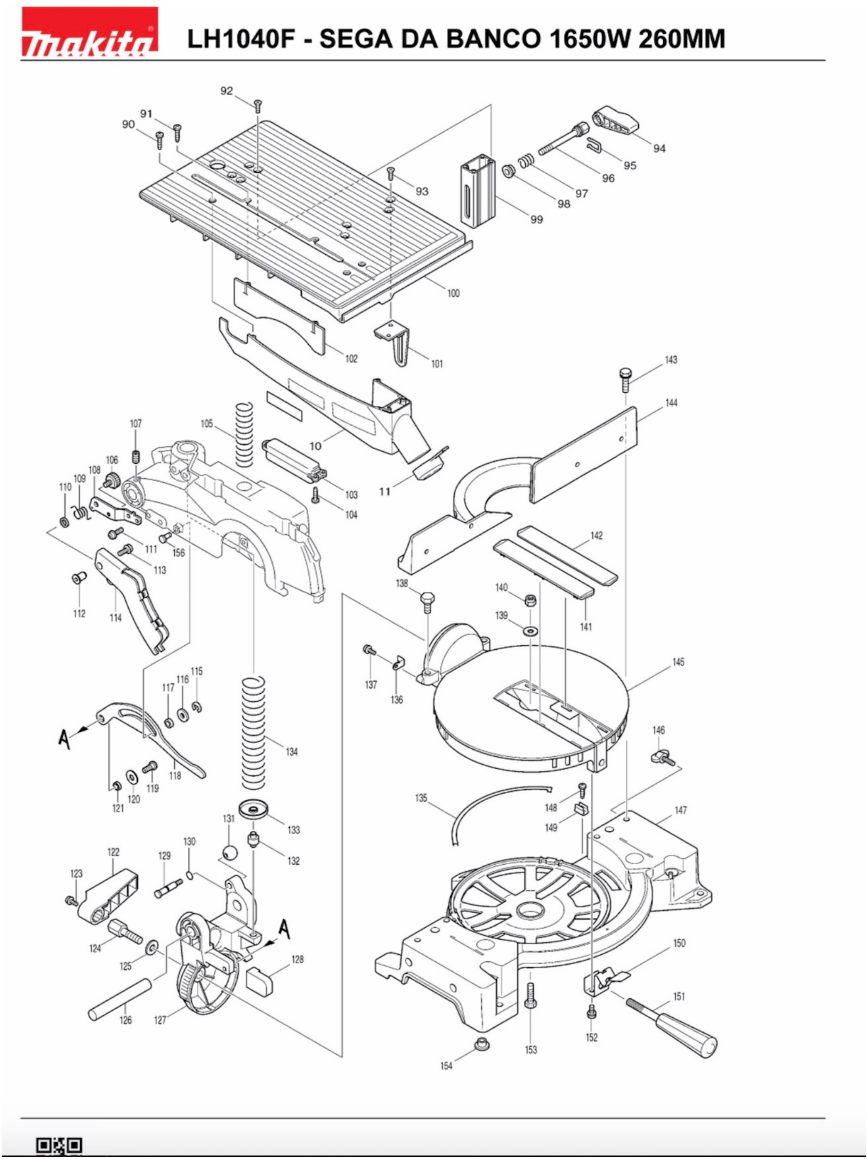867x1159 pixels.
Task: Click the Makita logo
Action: click(x=90, y=32)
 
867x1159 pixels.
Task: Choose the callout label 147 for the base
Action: click(x=680, y=810)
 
